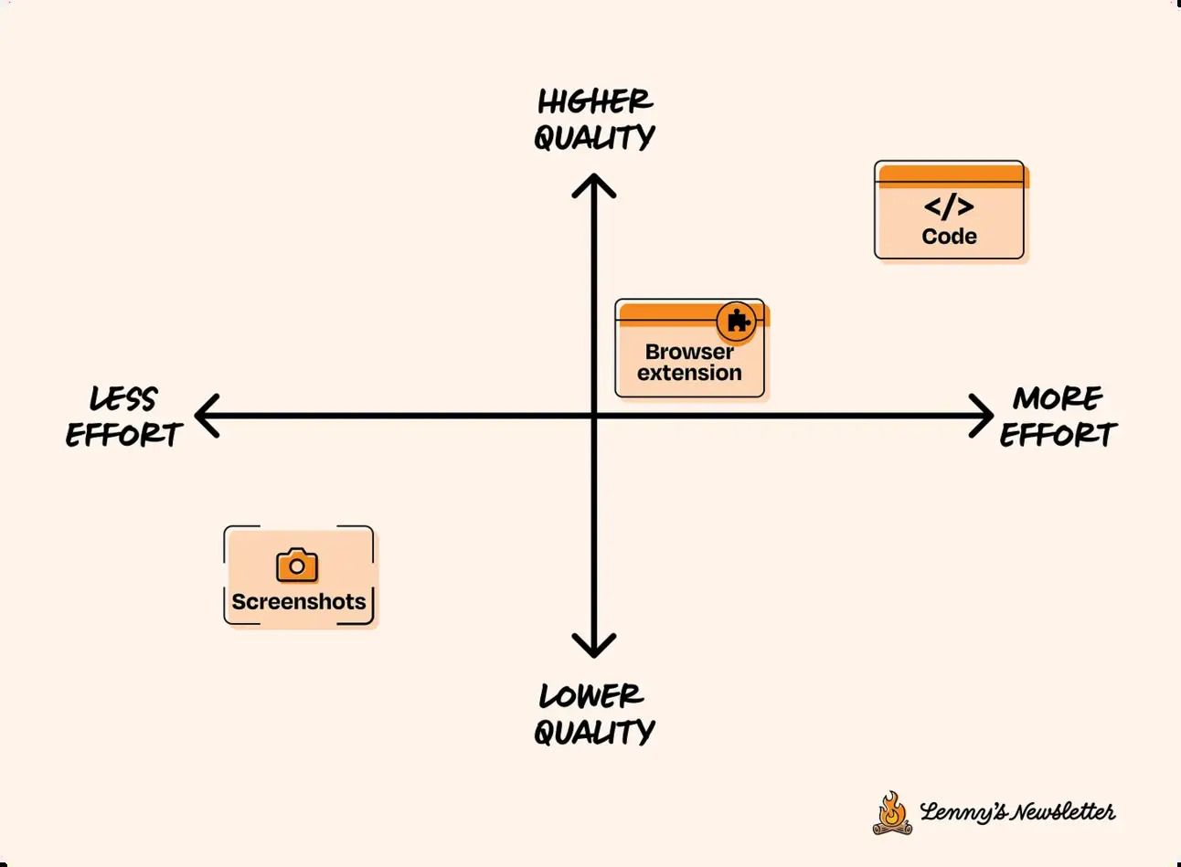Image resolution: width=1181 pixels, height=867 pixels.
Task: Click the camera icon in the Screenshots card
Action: (297, 565)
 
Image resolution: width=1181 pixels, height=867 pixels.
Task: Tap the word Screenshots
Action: (298, 601)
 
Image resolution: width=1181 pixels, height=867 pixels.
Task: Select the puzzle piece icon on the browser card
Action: (737, 321)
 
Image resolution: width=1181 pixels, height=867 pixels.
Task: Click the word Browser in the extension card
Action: (689, 352)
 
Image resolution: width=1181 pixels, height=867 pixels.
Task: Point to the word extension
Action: (689, 373)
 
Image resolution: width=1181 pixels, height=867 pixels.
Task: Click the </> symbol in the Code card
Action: (949, 206)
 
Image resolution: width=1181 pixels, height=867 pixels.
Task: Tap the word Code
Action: (949, 236)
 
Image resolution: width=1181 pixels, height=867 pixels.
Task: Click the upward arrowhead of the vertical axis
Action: (594, 185)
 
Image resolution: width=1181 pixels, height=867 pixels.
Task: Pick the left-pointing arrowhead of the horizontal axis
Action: (207, 416)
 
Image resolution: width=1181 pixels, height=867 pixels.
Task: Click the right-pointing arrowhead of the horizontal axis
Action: (981, 416)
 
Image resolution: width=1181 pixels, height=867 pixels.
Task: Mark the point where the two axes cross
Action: (594, 416)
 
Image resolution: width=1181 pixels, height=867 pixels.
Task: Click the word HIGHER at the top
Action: (595, 101)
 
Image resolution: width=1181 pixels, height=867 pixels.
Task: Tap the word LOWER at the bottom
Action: (591, 696)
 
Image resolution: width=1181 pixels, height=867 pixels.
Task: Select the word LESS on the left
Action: (122, 398)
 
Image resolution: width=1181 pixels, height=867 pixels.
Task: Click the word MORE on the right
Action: (1058, 398)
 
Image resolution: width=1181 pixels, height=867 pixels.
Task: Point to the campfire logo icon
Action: (892, 813)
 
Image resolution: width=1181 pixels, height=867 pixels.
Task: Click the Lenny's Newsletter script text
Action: (1017, 811)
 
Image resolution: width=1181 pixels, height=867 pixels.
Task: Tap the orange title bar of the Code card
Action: (952, 175)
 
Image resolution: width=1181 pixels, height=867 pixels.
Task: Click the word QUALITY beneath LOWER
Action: (594, 732)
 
